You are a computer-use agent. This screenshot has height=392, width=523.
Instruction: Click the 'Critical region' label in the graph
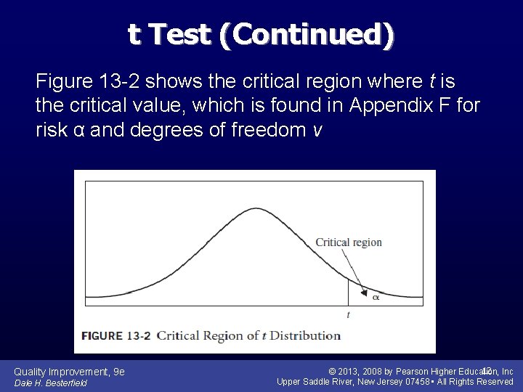349,242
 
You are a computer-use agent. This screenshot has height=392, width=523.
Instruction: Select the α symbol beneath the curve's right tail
376,296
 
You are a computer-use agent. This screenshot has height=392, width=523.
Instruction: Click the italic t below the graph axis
348,314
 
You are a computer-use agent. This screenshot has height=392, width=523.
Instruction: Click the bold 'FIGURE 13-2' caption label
115,335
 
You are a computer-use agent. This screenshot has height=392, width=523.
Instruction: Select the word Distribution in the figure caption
304,335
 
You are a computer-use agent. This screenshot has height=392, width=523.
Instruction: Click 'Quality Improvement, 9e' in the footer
70,372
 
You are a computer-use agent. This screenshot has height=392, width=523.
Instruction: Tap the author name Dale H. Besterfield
51,383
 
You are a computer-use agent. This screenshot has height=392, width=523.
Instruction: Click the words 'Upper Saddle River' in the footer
315,382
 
